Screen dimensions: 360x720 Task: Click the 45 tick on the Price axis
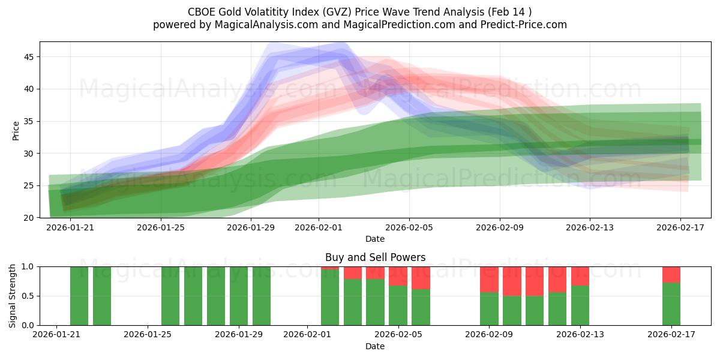[x=29, y=57]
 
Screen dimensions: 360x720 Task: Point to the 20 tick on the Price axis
[x=29, y=218]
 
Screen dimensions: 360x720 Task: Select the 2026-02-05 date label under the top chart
[x=409, y=227]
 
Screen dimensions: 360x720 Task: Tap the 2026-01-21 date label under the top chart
[x=70, y=227]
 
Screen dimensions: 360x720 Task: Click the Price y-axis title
[x=16, y=130]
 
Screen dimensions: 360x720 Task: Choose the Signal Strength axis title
[x=13, y=296]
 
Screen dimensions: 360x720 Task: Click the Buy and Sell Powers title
[x=375, y=257]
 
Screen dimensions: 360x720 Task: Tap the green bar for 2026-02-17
[x=671, y=304]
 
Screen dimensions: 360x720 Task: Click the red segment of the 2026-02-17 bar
[x=671, y=275]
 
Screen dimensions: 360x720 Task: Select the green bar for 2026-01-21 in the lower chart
[x=79, y=296]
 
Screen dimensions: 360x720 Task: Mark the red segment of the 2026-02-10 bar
[x=512, y=281]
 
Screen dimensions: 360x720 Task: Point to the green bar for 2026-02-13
[x=580, y=305]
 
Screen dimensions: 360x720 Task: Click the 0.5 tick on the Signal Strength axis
[x=29, y=296]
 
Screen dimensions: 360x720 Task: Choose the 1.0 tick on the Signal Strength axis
[x=29, y=266]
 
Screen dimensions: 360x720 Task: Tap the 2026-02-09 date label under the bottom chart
[x=489, y=335]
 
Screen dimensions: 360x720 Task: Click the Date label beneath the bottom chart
[x=375, y=346]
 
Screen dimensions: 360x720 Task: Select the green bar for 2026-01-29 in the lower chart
[x=239, y=296]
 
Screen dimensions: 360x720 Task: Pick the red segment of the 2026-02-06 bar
[x=421, y=278]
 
